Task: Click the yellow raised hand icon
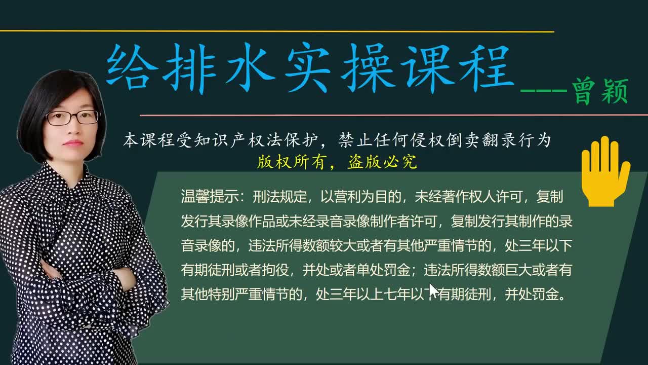604,171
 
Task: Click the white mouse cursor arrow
433,290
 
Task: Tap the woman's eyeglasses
72,118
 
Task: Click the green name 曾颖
600,92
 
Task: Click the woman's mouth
73,143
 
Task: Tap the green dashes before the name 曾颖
544,91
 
